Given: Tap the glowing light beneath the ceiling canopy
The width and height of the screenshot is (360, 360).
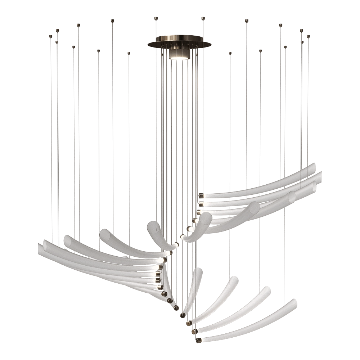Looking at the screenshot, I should pos(179,55).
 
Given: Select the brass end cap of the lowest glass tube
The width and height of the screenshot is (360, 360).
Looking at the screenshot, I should pos(198,339).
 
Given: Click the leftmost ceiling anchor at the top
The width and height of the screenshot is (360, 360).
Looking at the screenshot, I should pos(51,36).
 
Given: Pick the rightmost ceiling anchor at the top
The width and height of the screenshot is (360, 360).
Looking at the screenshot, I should pos(309,36).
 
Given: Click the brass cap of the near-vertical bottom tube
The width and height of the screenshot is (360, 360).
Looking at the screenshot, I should pos(183,316).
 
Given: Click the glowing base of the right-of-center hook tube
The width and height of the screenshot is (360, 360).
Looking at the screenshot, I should pos(184,238).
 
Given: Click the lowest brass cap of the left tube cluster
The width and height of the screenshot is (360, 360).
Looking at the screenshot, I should pos(175,308).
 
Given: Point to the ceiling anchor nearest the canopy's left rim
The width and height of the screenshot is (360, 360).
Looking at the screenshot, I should pos(156,17).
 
